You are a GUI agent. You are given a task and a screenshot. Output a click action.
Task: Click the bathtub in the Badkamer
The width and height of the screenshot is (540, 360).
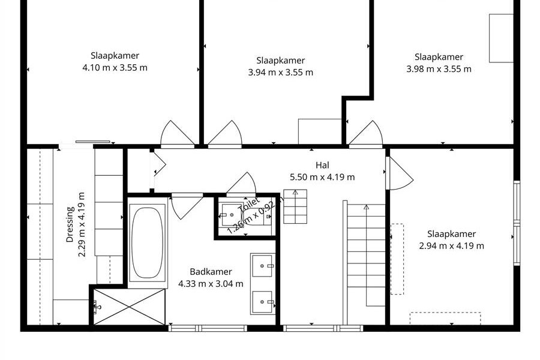pyautogui.click(x=148, y=242)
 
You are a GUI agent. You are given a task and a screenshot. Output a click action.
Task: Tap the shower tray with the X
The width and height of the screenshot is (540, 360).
pyautogui.click(x=130, y=307)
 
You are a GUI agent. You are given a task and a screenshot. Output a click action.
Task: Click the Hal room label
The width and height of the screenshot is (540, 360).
pyautogui.click(x=322, y=165)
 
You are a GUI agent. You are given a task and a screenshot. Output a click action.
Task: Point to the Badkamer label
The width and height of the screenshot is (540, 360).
pyautogui.click(x=211, y=271)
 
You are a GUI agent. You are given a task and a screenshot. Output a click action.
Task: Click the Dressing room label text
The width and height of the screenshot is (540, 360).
pyautogui.click(x=70, y=224)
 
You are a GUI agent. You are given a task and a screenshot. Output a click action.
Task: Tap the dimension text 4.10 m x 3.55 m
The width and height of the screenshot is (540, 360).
pyautogui.click(x=115, y=68)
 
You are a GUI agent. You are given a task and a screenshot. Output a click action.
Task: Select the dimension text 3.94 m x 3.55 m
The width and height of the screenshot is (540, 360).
pyautogui.click(x=281, y=73)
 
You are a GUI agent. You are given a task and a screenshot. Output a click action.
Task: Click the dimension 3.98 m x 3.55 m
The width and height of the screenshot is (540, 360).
pyautogui.click(x=439, y=69)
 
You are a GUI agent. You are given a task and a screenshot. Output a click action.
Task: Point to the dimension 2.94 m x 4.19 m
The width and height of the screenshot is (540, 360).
pyautogui.click(x=451, y=246)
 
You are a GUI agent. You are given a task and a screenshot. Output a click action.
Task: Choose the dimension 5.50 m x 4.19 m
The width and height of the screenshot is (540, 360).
pyautogui.click(x=322, y=177)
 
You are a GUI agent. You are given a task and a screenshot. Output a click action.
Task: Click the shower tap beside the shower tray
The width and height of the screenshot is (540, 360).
pyautogui.click(x=97, y=307)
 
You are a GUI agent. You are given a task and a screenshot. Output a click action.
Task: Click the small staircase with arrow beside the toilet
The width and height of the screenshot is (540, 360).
pyautogui.click(x=295, y=206)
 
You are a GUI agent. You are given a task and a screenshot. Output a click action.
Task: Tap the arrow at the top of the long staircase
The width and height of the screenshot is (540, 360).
pyautogui.click(x=366, y=207)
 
